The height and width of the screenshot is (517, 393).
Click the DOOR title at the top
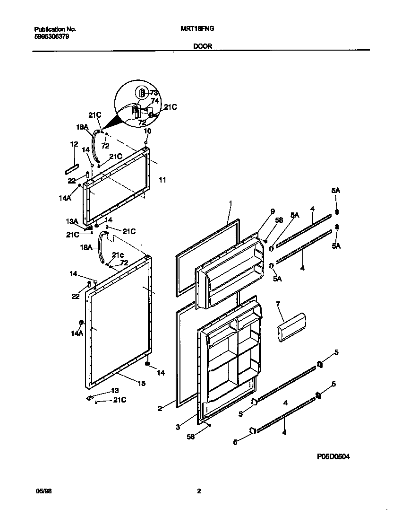click(203, 46)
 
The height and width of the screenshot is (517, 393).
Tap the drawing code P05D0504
click(333, 457)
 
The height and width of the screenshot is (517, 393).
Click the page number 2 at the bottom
click(199, 491)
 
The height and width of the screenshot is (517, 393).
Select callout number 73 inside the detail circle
click(154, 92)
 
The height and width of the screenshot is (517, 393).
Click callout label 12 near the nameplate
click(74, 144)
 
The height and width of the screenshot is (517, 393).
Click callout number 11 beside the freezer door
click(162, 180)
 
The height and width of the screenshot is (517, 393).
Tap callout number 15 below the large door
click(141, 384)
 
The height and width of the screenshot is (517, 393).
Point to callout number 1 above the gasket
click(230, 203)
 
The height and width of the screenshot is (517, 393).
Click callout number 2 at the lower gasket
click(160, 408)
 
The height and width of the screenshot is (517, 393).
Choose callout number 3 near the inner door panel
click(178, 427)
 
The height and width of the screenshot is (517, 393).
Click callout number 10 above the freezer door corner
click(147, 131)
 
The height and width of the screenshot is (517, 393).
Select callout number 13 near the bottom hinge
click(115, 390)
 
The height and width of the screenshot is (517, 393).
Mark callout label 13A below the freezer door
click(71, 220)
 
